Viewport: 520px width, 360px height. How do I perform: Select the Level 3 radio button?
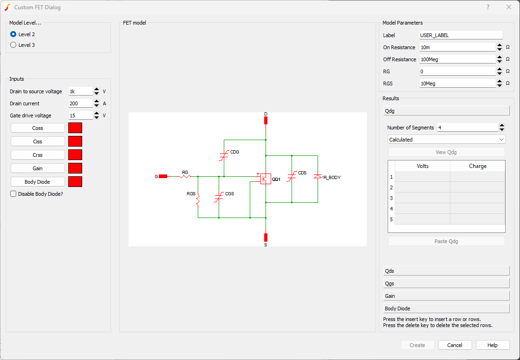click(13, 45)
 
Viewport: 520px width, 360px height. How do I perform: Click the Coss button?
click(38, 128)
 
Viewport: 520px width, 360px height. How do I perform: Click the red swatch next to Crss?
click(75, 155)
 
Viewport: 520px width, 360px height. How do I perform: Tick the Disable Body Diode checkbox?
click(13, 194)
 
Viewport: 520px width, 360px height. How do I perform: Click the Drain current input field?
click(80, 103)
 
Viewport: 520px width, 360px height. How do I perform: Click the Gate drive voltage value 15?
click(80, 116)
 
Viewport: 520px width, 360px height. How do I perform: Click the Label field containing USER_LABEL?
click(461, 35)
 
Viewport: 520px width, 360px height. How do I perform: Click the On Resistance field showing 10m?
click(457, 47)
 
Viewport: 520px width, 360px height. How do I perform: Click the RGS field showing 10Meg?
click(457, 84)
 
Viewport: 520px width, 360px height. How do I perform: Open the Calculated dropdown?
click(446, 140)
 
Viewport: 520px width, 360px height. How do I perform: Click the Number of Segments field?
click(467, 128)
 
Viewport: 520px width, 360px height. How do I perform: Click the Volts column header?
click(422, 166)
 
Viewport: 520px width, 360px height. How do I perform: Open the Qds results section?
click(446, 271)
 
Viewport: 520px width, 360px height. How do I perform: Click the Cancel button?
click(455, 345)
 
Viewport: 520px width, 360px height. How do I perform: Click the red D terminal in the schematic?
click(266, 121)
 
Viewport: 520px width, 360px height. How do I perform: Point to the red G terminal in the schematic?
click(162, 176)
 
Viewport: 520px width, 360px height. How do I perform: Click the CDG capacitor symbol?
click(224, 155)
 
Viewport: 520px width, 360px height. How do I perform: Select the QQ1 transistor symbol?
click(266, 179)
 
